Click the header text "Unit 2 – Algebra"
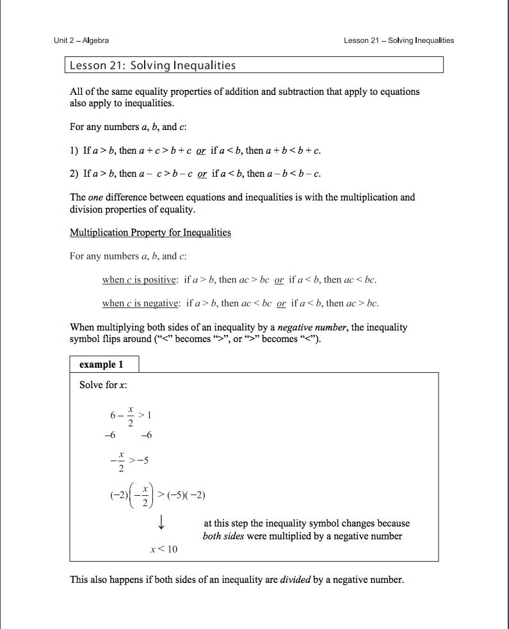pyautogui.click(x=81, y=40)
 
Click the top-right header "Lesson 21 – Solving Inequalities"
pyautogui.click(x=398, y=40)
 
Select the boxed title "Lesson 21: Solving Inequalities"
pyautogui.click(x=152, y=65)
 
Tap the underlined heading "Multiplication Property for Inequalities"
pyautogui.click(x=150, y=233)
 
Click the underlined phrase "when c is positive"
pyautogui.click(x=140, y=280)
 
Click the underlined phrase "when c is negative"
pyautogui.click(x=140, y=303)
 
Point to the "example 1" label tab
pyautogui.click(x=101, y=364)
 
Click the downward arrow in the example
pyautogui.click(x=161, y=523)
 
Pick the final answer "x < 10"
pyautogui.click(x=164, y=550)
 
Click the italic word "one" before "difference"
pyautogui.click(x=95, y=197)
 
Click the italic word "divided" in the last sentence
pyautogui.click(x=295, y=580)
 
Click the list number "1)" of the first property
pyautogui.click(x=74, y=151)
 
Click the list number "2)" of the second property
pyautogui.click(x=74, y=174)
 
